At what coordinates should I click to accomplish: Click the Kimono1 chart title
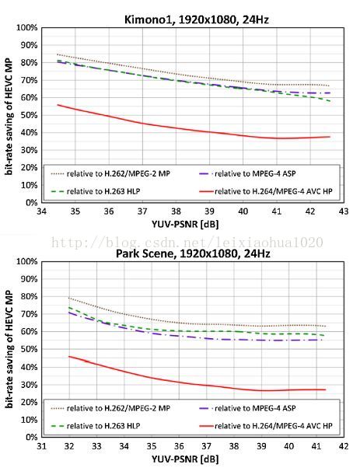click(x=197, y=19)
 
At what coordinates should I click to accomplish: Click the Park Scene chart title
click(x=193, y=253)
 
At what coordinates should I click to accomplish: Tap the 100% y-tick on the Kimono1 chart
click(x=27, y=28)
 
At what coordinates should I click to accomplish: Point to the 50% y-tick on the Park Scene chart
click(x=29, y=349)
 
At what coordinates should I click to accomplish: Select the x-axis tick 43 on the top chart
click(x=344, y=211)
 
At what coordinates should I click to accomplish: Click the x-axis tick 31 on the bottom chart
click(x=41, y=446)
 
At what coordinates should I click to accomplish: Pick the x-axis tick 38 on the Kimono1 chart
click(x=176, y=211)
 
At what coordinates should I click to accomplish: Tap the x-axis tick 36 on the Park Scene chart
click(x=179, y=446)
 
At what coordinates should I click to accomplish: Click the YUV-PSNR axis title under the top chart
click(x=185, y=224)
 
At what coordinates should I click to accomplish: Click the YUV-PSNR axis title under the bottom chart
click(x=185, y=459)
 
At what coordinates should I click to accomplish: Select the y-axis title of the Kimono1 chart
click(x=9, y=116)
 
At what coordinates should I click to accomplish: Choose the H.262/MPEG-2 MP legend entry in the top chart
click(x=110, y=173)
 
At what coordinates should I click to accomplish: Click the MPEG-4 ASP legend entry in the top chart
click(x=247, y=173)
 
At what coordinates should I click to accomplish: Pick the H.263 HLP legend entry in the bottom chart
click(x=96, y=425)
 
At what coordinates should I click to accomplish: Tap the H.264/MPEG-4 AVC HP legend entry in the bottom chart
click(x=266, y=425)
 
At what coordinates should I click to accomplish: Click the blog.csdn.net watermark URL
click(x=187, y=243)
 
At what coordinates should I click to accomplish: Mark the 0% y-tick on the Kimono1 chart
click(x=31, y=203)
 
